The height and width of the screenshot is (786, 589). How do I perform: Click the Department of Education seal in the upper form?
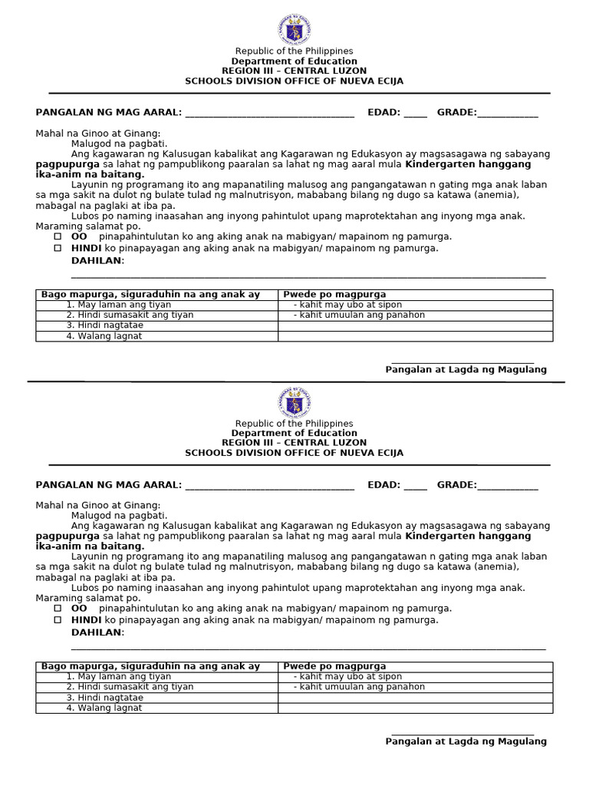click(294, 29)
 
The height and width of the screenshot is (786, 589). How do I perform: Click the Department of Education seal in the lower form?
click(294, 402)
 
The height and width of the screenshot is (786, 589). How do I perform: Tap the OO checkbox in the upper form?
click(58, 236)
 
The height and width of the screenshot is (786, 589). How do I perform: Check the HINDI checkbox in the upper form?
click(58, 248)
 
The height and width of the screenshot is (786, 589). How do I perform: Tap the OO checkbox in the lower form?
click(58, 608)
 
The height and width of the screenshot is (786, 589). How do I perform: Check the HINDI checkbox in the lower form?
click(58, 619)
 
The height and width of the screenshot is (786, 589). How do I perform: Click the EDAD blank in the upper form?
click(415, 114)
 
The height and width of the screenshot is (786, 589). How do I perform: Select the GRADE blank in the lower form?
click(508, 486)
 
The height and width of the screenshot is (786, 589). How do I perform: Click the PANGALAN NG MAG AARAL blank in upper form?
click(270, 114)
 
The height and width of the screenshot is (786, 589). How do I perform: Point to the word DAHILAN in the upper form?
click(97, 261)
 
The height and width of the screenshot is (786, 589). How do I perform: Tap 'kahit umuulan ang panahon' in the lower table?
click(359, 687)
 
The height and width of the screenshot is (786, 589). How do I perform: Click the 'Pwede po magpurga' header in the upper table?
click(334, 294)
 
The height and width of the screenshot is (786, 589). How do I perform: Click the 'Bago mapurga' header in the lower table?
click(150, 666)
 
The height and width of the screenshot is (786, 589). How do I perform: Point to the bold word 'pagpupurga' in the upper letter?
click(67, 164)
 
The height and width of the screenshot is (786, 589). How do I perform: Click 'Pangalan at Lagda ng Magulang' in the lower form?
click(466, 741)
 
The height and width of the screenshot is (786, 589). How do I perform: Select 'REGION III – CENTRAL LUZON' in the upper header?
click(294, 71)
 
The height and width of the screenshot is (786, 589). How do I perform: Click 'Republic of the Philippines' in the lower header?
click(294, 424)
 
